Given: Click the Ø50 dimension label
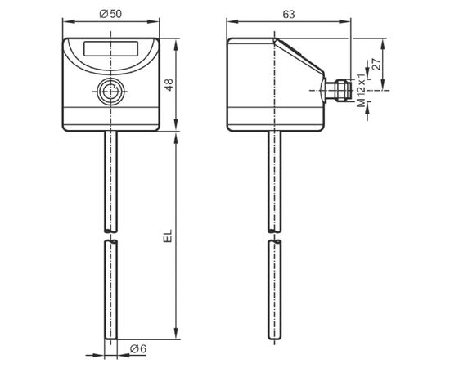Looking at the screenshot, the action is [110, 14].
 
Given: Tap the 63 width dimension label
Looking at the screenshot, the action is [289, 15].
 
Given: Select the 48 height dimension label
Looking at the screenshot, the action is [169, 84].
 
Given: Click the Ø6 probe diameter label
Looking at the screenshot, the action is [138, 349].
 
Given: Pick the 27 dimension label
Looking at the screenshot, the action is [376, 65].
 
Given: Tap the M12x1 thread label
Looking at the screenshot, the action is [361, 90].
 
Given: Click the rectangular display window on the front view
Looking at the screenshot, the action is [110, 48].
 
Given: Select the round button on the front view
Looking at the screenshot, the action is [110, 92].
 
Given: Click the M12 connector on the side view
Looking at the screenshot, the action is [338, 90].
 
